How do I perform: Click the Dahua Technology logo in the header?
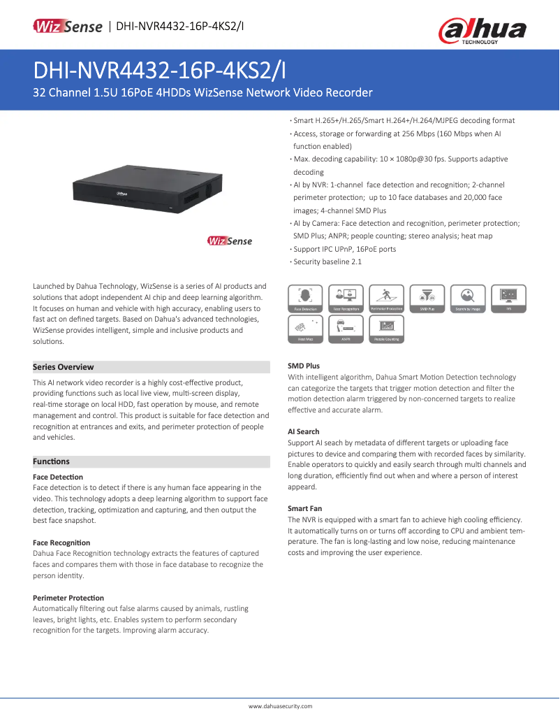(482, 30)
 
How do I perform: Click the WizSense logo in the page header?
(68, 27)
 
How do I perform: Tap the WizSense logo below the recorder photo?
(230, 241)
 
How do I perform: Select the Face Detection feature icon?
(305, 298)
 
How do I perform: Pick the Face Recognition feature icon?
(346, 298)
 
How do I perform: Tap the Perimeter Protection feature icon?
(387, 298)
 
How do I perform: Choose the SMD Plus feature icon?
(427, 298)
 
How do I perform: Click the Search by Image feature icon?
(468, 298)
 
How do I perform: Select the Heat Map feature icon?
(305, 329)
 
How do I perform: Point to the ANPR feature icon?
(346, 329)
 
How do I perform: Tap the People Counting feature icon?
(387, 329)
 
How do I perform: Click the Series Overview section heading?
(64, 367)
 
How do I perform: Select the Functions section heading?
(52, 461)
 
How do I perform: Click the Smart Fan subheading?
(305, 508)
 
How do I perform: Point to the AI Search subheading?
(304, 431)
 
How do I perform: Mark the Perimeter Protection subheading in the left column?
(68, 598)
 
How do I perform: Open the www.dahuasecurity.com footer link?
(280, 707)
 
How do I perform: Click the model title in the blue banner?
(160, 71)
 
